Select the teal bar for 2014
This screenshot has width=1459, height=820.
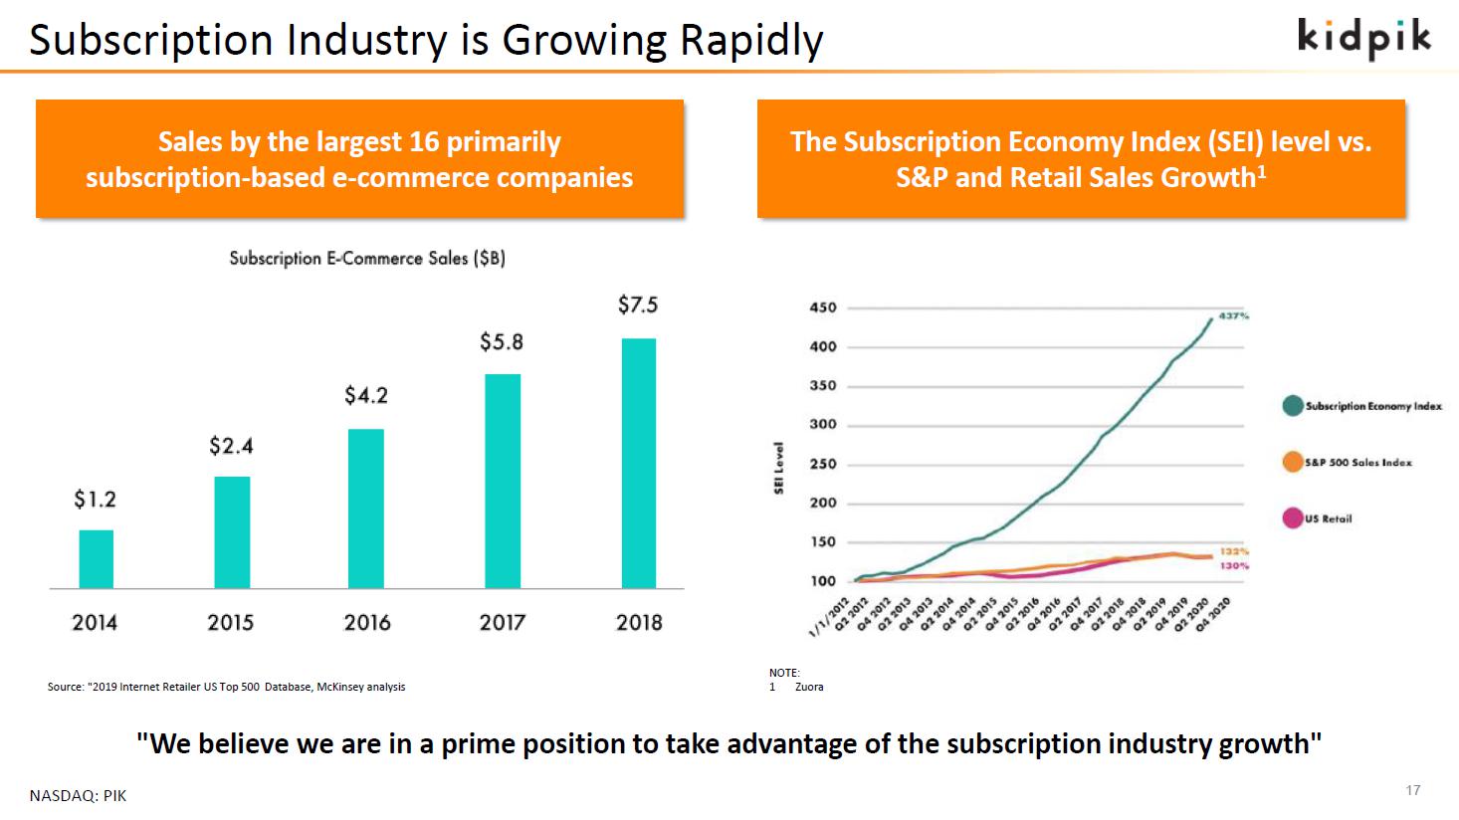97,559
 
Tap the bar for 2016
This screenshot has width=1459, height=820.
366,509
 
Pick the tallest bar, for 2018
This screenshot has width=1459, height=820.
639,463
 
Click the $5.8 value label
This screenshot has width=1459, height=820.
502,342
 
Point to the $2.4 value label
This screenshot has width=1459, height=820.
231,446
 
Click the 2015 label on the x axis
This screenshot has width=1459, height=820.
230,623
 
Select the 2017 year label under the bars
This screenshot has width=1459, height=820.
502,623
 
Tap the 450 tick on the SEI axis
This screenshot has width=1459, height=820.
823,307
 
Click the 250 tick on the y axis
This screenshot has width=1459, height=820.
823,464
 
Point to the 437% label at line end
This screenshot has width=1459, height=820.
1234,315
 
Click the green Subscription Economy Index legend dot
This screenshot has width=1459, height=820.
1293,406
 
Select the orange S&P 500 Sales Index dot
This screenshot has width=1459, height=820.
1293,462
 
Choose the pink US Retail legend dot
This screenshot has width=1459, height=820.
1293,517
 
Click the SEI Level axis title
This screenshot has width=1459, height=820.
780,468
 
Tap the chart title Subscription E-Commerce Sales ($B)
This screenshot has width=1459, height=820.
367,259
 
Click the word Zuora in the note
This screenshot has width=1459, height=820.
809,687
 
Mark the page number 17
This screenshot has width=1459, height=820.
1413,790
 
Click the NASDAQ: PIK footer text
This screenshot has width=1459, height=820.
78,796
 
